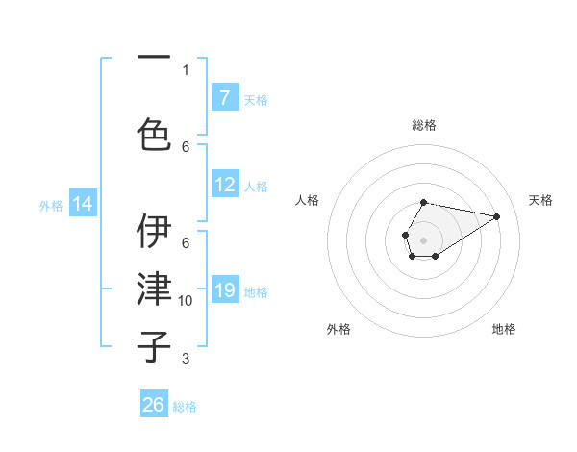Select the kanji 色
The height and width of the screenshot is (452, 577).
click(154, 134)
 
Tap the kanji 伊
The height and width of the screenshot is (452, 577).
click(154, 231)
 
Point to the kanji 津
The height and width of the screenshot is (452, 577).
click(154, 289)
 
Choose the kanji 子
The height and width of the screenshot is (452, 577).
click(154, 345)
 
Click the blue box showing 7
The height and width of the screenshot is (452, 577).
click(224, 98)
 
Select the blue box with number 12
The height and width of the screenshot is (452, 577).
click(224, 186)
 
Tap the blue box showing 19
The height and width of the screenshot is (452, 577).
click(224, 290)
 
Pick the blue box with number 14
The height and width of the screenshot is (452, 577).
click(83, 204)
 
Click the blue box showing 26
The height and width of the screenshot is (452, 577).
click(154, 405)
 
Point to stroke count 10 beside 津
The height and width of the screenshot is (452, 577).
click(186, 301)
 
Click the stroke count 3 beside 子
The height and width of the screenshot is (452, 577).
click(186, 359)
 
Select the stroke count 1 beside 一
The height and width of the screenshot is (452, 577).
click(186, 69)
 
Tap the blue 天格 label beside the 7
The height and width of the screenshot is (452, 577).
click(256, 99)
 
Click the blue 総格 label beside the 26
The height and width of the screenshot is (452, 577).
click(185, 407)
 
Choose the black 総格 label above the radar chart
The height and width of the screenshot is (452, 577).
click(423, 125)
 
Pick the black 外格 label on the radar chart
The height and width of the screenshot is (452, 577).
click(339, 329)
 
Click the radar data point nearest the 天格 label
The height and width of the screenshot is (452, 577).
click(497, 215)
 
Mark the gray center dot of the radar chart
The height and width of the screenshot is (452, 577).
click(423, 239)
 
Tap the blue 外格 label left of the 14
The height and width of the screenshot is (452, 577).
click(51, 205)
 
